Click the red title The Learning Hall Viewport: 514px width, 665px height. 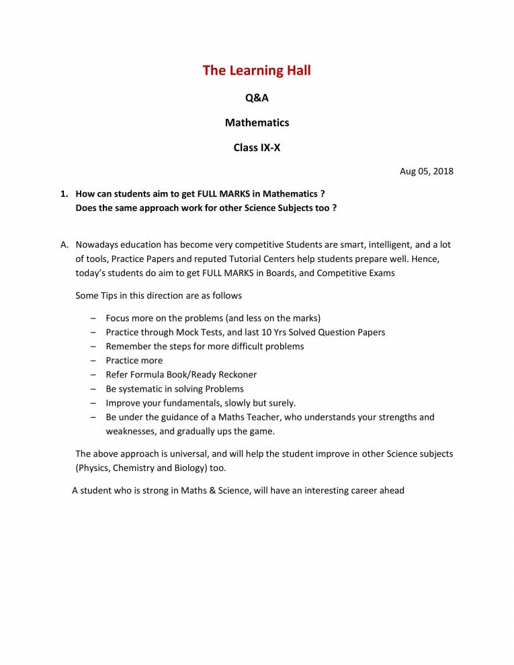click(x=257, y=71)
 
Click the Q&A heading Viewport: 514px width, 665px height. click(x=257, y=98)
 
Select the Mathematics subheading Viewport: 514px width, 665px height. click(x=257, y=123)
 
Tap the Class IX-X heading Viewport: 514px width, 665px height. click(x=257, y=148)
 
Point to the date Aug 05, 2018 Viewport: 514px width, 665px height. click(x=427, y=171)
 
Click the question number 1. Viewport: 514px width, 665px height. click(x=64, y=194)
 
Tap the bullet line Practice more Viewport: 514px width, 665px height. click(x=134, y=361)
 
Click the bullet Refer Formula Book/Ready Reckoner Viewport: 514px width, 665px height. click(x=181, y=375)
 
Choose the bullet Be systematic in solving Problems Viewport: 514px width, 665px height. click(x=175, y=389)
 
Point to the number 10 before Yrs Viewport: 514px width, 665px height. click(x=278, y=332)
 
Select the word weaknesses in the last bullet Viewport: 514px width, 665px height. click(x=132, y=431)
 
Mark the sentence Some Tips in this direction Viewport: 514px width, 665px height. click(x=159, y=296)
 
